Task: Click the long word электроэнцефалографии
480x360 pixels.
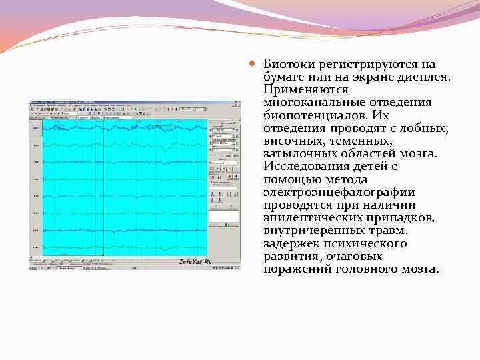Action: pyautogui.click(x=339, y=192)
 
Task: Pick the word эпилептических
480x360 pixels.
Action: pyautogui.click(x=312, y=217)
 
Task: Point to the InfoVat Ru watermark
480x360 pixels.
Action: pyautogui.click(x=195, y=262)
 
